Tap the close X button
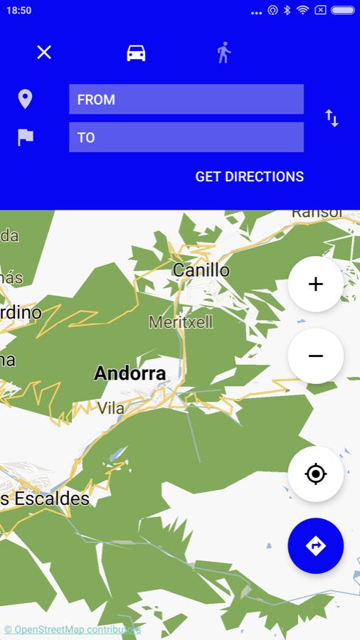click(x=44, y=52)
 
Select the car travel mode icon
click(x=136, y=53)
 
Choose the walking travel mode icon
click(x=224, y=53)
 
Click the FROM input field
click(x=186, y=100)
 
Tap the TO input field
click(x=186, y=137)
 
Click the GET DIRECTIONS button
click(x=250, y=176)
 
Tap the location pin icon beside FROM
click(x=25, y=99)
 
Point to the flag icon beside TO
click(x=26, y=137)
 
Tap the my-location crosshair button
click(x=316, y=474)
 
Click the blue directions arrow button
click(x=316, y=545)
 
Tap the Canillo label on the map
click(x=201, y=270)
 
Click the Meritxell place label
click(x=181, y=322)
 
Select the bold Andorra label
click(x=130, y=373)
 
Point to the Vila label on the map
click(x=111, y=408)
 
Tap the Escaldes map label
click(x=46, y=498)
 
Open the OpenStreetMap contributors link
click(x=73, y=629)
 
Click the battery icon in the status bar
click(x=342, y=11)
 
